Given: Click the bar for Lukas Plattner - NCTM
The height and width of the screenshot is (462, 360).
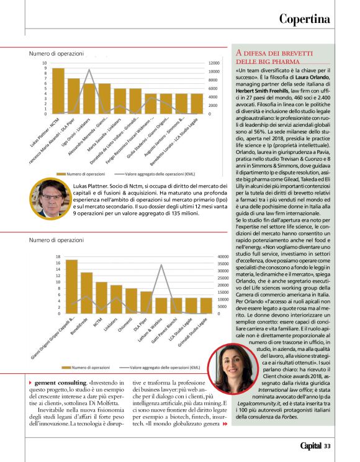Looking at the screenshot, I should (x=58, y=91).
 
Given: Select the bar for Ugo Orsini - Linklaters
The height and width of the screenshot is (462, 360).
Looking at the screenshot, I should (x=89, y=99).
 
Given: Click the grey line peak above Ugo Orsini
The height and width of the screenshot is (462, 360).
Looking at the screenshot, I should (x=89, y=70).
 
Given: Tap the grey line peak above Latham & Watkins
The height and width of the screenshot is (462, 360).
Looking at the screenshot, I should (x=161, y=265).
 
